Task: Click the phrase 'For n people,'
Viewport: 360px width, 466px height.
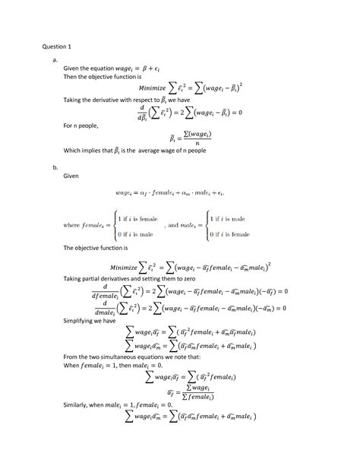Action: pyautogui.click(x=81, y=125)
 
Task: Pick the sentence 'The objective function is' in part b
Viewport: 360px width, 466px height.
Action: pyautogui.click(x=94, y=248)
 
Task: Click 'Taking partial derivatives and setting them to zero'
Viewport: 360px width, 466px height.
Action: pyautogui.click(x=129, y=279)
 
